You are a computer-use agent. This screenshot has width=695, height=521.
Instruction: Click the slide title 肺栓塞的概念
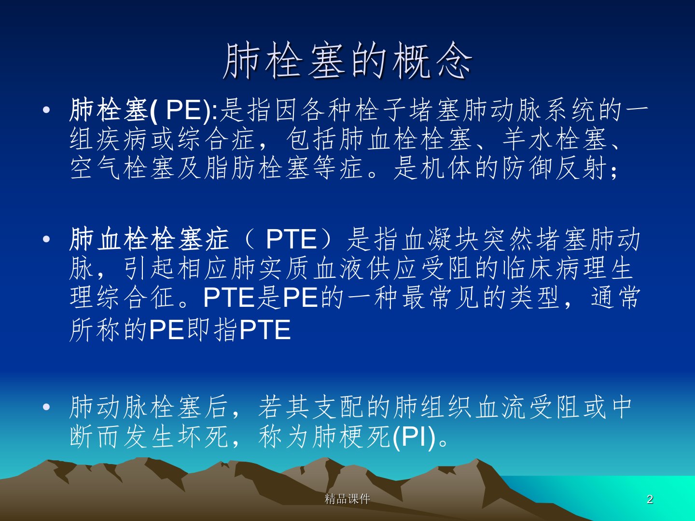347,61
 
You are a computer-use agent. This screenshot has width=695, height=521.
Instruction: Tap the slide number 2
650,499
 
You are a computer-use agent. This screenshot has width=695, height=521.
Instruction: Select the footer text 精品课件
347,499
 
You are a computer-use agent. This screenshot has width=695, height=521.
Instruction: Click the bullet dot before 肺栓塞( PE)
46,110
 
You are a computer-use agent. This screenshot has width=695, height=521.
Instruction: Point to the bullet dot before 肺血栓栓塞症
46,239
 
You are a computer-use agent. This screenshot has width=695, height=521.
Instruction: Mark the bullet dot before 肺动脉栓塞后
46,407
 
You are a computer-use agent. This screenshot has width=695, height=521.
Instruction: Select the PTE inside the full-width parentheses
292,239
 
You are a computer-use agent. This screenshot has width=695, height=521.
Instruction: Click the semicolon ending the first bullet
614,172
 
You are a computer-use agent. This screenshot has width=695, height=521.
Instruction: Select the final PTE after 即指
265,330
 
